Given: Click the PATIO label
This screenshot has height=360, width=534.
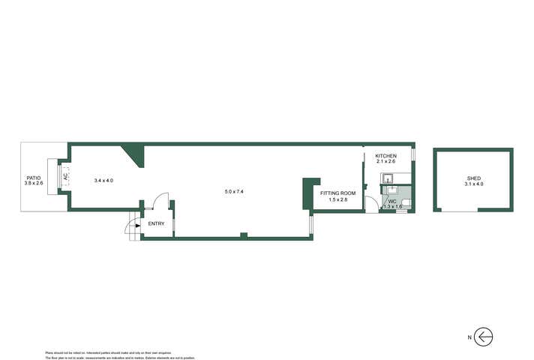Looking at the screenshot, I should point(34,177).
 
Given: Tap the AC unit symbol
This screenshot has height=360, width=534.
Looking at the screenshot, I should point(64,177).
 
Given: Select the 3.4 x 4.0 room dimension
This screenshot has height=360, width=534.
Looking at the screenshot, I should point(103,181).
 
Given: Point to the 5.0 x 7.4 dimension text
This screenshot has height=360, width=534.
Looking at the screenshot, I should point(234,192).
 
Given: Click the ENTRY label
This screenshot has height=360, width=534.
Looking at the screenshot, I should point(156,223).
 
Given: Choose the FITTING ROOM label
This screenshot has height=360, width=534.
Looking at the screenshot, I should point(337,193).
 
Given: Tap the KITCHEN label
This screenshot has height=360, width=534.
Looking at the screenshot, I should point(385,156).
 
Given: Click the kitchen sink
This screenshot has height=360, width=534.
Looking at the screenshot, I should point(388,178).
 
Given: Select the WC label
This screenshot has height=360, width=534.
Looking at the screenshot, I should point(391,200).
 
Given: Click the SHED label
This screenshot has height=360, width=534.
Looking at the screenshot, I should point(473,177).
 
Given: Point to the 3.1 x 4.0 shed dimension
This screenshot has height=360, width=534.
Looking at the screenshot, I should point(473,184).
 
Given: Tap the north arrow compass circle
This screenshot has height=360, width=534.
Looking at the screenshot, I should point(484,337).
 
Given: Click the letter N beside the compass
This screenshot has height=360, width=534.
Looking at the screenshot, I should point(469,337).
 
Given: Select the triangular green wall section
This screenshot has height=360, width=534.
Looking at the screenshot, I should point(135,153).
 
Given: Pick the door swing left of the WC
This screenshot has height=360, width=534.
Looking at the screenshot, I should point(372,205).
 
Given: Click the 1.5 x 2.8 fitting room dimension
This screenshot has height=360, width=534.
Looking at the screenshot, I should point(337,200).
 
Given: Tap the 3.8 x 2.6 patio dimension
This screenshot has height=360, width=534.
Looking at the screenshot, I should point(34,184).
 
